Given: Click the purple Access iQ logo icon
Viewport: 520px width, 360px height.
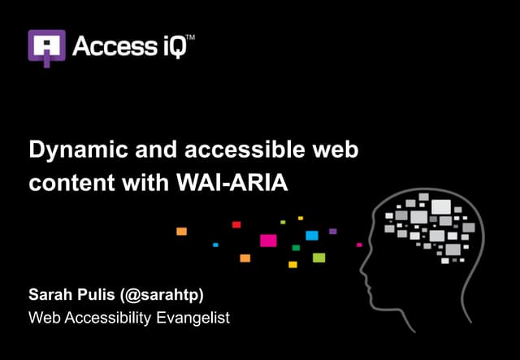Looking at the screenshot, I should coord(46,47).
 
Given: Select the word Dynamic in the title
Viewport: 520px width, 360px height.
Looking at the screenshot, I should coord(71,151).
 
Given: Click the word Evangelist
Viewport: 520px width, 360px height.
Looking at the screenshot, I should coord(190,318).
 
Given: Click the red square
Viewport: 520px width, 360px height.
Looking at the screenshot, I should coord(236,224).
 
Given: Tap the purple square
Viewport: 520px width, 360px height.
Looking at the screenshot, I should coord(332,232).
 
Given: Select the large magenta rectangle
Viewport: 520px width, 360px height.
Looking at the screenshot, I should coord(268,240).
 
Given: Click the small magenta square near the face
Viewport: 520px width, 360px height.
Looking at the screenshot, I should coord(359,244).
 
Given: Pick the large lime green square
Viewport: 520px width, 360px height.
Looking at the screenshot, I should coord(318,258).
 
